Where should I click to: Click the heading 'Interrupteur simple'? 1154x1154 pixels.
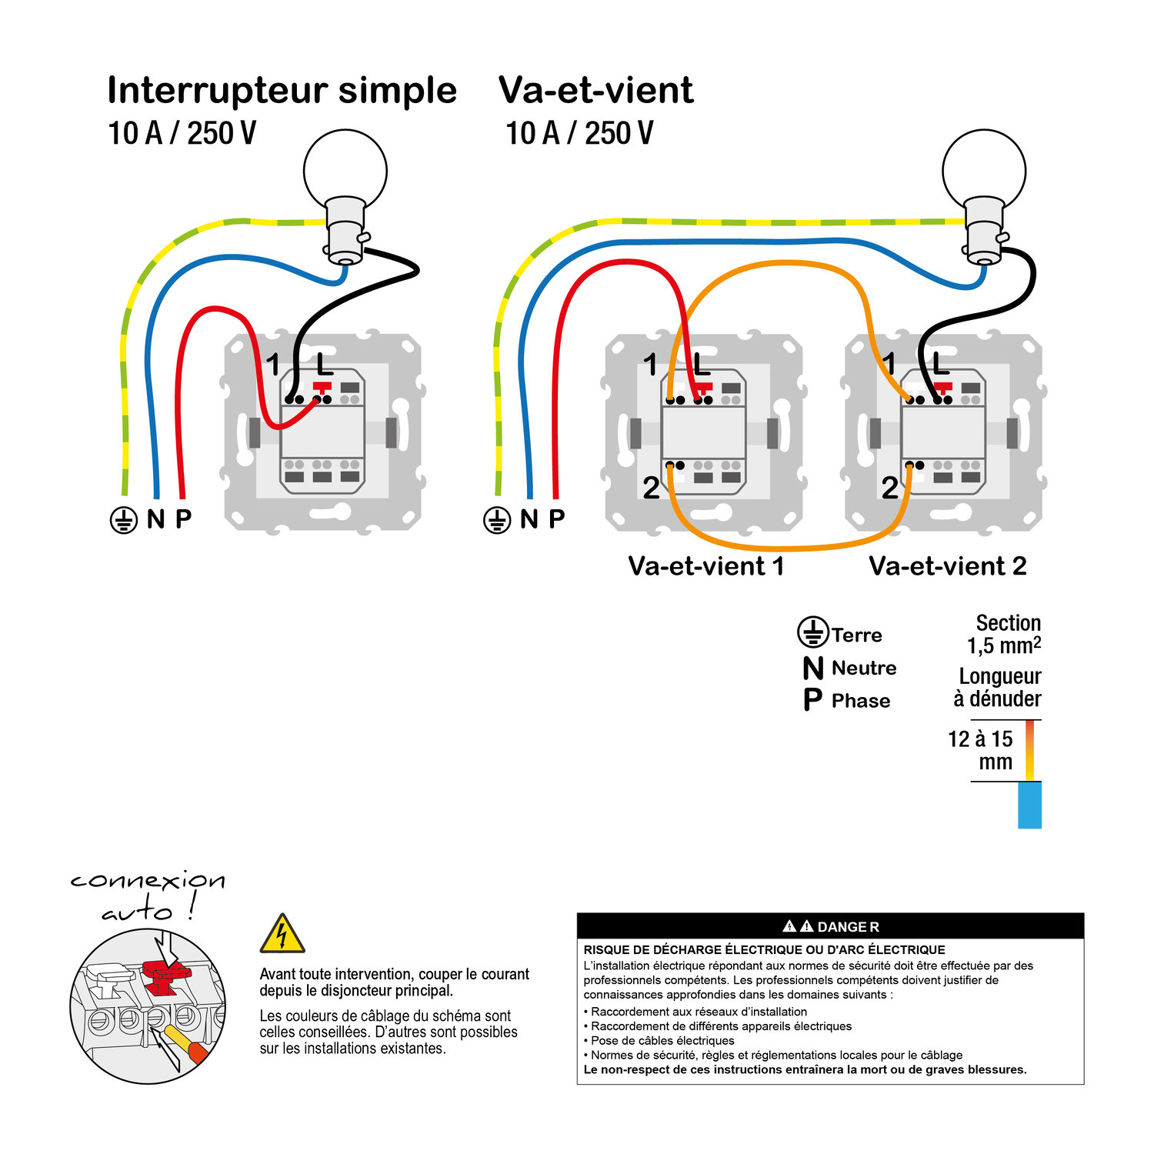(282, 91)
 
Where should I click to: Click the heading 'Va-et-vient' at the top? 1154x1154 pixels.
(595, 91)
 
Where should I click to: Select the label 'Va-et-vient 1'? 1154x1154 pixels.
(705, 566)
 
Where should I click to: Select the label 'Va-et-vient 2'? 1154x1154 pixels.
(947, 566)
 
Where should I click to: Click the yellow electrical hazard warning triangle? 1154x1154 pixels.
(282, 934)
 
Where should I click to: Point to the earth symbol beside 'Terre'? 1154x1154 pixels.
(812, 632)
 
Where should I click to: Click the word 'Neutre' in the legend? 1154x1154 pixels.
(863, 668)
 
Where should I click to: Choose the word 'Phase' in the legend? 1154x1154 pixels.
(860, 701)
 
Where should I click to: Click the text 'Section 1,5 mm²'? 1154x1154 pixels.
(1004, 634)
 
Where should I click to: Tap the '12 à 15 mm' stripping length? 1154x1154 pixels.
(981, 750)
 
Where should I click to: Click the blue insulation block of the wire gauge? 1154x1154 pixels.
(1029, 805)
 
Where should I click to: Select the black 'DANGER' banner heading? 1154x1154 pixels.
(830, 926)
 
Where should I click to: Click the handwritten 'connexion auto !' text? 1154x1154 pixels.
(148, 895)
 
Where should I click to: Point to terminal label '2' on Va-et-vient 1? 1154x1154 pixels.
(651, 488)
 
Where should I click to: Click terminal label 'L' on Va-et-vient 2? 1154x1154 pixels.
(940, 363)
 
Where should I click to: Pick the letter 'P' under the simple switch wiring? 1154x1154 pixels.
(183, 519)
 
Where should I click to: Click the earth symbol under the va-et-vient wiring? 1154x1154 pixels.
(497, 520)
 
